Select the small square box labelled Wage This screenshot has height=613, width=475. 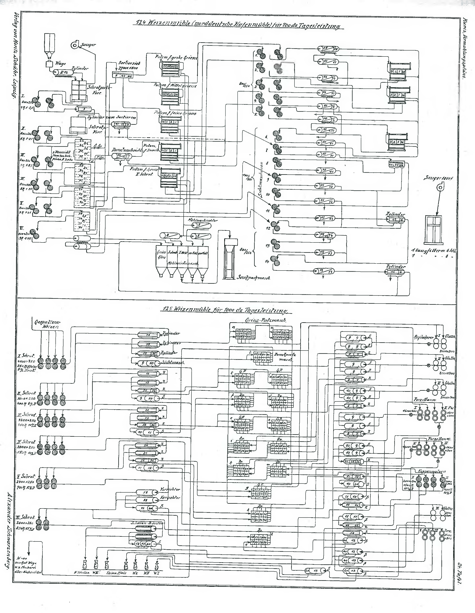point(49,64)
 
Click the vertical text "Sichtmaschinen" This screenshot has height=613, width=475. point(261,180)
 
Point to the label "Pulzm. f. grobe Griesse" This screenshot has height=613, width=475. point(176,58)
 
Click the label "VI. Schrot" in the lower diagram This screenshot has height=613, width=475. point(26,517)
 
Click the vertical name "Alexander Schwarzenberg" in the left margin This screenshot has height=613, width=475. point(9,533)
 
